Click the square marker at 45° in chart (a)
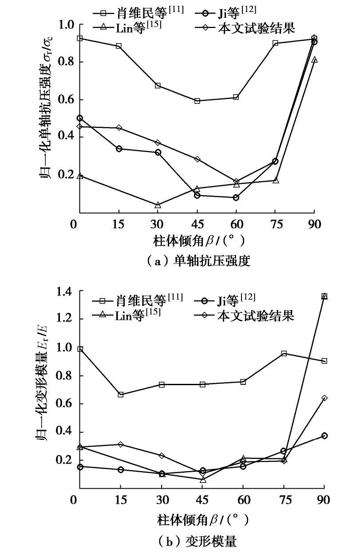click(197, 101)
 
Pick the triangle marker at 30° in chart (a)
click(158, 205)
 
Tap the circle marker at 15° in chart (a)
click(119, 149)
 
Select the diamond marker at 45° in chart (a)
click(197, 159)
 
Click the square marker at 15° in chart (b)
click(121, 395)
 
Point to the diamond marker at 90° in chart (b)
click(324, 398)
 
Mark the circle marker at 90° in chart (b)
click(324, 436)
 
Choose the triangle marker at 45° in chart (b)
click(203, 480)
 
